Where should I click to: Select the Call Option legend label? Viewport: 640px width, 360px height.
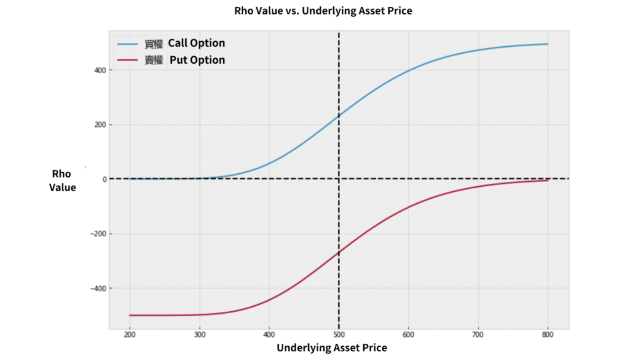tap(196, 43)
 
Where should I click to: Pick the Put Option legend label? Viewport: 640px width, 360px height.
tap(197, 60)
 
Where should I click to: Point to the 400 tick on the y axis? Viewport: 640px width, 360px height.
tap(99, 70)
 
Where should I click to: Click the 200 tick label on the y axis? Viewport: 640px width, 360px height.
tap(99, 124)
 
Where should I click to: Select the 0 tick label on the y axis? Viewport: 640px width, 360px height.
tap(102, 179)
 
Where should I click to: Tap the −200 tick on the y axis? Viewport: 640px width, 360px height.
tap(96, 234)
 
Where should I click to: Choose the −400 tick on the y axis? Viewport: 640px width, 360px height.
tap(96, 288)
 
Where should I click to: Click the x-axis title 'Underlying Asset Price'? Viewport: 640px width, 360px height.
tap(332, 348)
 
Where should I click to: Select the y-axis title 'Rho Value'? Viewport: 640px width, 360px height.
tap(62, 181)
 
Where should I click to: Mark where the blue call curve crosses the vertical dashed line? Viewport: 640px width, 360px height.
tap(339, 116)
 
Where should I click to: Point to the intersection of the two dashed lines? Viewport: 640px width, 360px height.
tap(339, 179)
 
